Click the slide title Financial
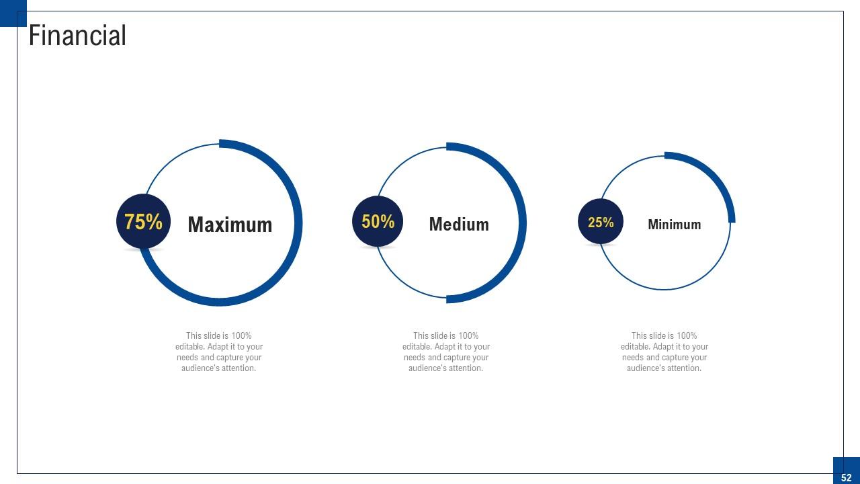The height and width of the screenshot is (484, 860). click(77, 36)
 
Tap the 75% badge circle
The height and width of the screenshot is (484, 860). click(143, 222)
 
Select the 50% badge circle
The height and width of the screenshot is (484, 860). click(378, 221)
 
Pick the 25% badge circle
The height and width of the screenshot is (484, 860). click(601, 222)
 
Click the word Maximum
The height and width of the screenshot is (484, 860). click(230, 225)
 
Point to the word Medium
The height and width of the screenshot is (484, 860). click(459, 224)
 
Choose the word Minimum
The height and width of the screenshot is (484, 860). click(674, 225)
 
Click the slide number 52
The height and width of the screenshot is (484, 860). click(846, 477)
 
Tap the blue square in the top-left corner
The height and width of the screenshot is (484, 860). click(12, 12)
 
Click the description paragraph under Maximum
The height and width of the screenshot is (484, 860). click(219, 352)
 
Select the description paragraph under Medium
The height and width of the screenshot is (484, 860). click(446, 352)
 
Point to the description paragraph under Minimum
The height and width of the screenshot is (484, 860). click(664, 352)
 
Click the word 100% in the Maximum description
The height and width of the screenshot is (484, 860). click(241, 335)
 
